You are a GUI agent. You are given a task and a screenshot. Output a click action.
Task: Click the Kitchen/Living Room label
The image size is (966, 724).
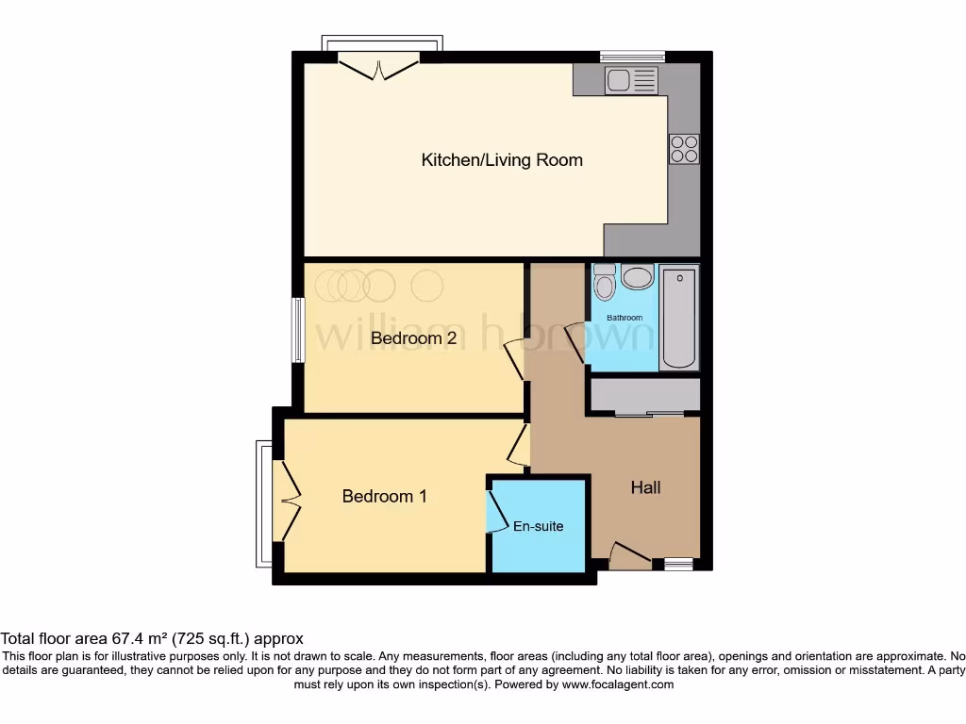(x=501, y=160)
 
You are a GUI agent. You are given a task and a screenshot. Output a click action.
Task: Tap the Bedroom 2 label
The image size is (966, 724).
(x=413, y=337)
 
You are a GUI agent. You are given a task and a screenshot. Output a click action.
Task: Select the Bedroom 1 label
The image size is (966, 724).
(x=384, y=496)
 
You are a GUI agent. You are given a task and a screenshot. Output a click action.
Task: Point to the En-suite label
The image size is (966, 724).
(x=538, y=526)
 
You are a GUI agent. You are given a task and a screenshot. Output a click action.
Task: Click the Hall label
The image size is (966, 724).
(x=645, y=487)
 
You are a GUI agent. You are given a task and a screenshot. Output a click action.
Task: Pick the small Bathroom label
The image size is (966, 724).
(x=624, y=318)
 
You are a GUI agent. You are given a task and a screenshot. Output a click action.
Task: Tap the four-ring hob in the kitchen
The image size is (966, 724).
(x=684, y=149)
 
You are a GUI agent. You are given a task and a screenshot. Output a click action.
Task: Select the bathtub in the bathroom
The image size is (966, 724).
(x=678, y=318)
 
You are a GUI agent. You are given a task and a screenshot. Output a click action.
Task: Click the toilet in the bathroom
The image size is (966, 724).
(x=604, y=281)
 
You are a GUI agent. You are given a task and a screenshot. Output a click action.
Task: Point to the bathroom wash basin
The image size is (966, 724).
(x=638, y=277)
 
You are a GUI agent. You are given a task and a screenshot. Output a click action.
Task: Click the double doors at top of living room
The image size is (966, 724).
(x=379, y=68)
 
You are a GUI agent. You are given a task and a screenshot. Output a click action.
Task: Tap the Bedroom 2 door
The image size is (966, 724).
(x=515, y=360)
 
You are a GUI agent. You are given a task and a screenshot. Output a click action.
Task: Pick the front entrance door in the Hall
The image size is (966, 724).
(x=629, y=555)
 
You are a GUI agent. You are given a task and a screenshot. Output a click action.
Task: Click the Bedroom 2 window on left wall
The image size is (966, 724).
(x=297, y=330)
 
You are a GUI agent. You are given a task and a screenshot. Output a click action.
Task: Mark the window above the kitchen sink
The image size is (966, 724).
(x=632, y=55)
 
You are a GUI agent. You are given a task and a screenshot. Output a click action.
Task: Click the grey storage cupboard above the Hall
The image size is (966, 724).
(x=644, y=394)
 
